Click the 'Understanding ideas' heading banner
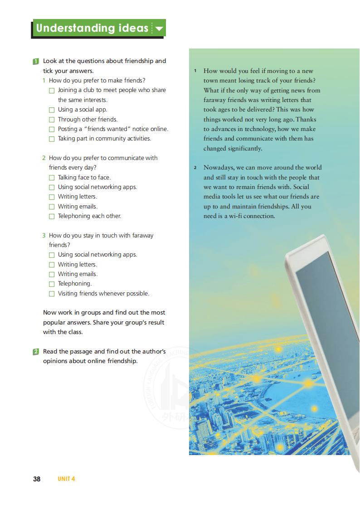pyautogui.click(x=92, y=28)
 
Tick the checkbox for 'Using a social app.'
pyautogui.click(x=52, y=110)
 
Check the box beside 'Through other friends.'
pyautogui.click(x=52, y=120)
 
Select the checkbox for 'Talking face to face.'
pyautogui.click(x=52, y=178)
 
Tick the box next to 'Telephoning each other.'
pyautogui.click(x=52, y=216)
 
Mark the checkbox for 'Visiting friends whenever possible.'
pyautogui.click(x=52, y=294)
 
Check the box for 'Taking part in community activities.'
pyautogui.click(x=52, y=139)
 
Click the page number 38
pyautogui.click(x=37, y=479)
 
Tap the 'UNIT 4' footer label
pyautogui.click(x=66, y=479)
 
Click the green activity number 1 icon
pyautogui.click(x=36, y=61)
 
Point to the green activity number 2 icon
pyautogui.click(x=36, y=352)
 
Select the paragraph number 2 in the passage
pyautogui.click(x=195, y=168)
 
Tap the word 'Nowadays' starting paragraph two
pyautogui.click(x=218, y=167)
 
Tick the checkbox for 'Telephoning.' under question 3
pyautogui.click(x=52, y=284)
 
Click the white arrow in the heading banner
pyautogui.click(x=159, y=29)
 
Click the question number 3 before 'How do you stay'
pyautogui.click(x=44, y=236)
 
